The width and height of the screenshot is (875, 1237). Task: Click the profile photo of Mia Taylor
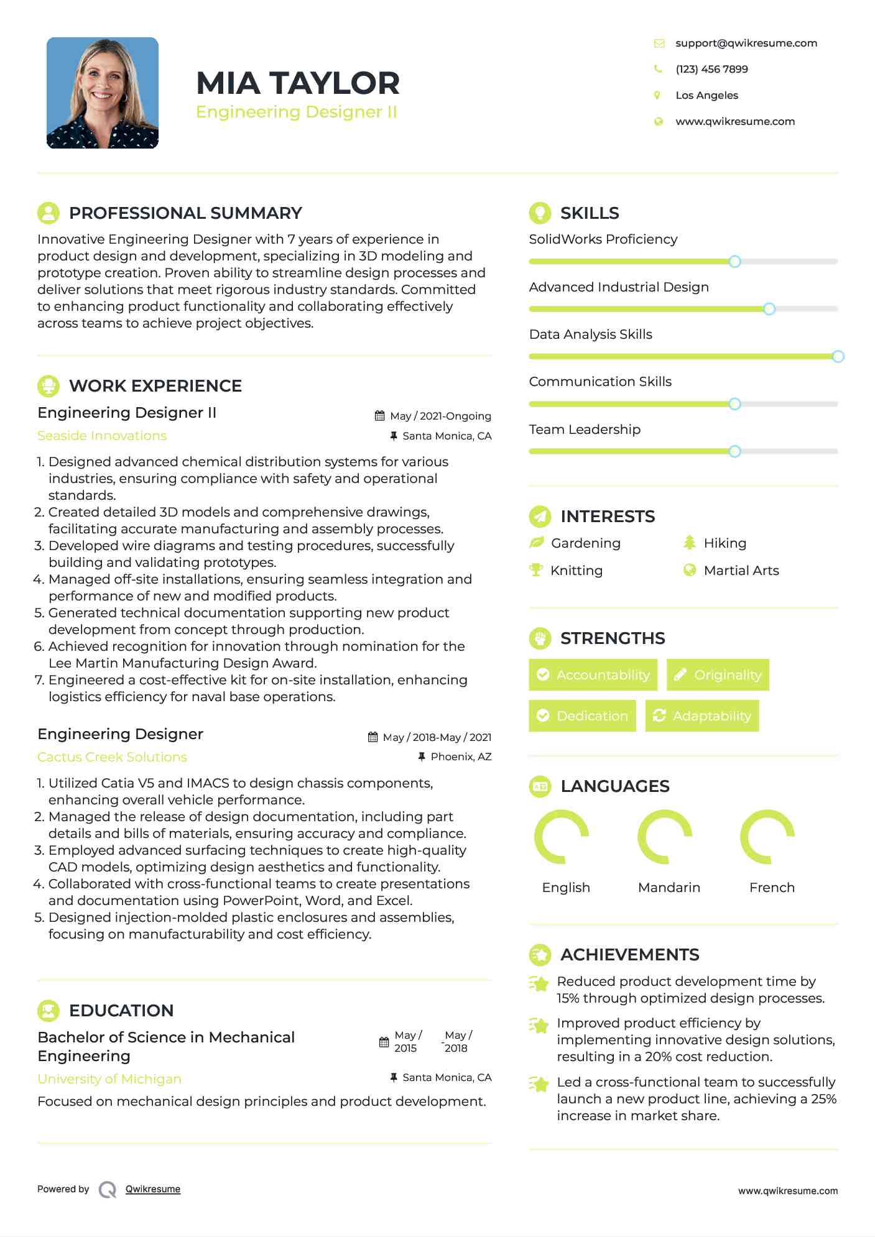point(103,93)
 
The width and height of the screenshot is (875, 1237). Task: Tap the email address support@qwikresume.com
point(746,43)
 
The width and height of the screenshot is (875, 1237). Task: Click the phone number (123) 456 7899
point(711,69)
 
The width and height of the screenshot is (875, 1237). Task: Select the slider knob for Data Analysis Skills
point(838,356)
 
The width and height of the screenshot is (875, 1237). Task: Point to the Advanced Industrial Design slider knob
point(769,309)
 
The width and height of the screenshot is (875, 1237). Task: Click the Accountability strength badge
point(593,674)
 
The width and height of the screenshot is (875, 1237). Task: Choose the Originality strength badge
point(718,674)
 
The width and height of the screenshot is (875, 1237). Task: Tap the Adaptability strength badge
point(702,715)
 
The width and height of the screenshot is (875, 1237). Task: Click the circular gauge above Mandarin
point(665,837)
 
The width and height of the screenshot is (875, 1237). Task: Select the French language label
point(772,887)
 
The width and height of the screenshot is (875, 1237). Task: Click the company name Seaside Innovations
point(102,436)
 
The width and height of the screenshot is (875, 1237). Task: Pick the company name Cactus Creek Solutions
point(112,757)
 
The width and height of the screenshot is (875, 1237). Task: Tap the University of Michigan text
point(109,1079)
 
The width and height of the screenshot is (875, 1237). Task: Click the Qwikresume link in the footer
point(153,1189)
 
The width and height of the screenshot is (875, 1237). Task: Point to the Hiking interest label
point(725,543)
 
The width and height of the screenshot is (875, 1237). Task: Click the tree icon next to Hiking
point(689,543)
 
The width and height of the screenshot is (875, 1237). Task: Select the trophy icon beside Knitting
point(536,570)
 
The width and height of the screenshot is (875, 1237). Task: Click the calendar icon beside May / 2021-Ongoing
point(379,416)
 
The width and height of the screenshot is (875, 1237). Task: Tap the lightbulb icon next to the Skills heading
point(540,213)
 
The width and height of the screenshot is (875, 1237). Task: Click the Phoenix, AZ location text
point(461,756)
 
